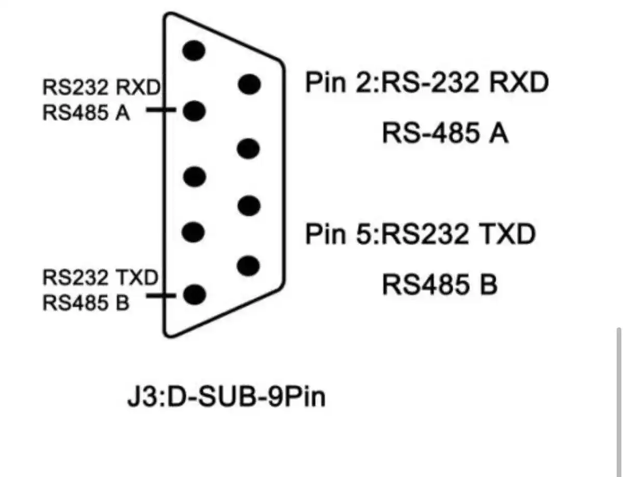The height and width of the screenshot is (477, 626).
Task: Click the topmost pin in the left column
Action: pos(195,50)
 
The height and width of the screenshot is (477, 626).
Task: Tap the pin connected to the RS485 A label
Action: pos(195,111)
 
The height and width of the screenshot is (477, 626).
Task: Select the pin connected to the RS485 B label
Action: pos(195,295)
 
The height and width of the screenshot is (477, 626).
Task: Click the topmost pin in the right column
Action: pos(249,84)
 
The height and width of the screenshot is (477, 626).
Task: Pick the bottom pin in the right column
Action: pos(248,266)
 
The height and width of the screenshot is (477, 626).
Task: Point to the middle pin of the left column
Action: pos(195,176)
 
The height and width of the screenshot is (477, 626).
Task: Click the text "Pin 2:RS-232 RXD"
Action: pos(426,83)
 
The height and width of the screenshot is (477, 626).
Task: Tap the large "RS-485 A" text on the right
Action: pos(445,134)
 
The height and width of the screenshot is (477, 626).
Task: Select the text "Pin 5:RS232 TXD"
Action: pos(420,235)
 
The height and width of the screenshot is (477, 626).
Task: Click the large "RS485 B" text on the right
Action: pos(440,285)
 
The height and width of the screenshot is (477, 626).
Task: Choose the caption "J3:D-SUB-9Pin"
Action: pos(227,398)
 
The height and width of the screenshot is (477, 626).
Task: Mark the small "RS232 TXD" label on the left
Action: pos(100,279)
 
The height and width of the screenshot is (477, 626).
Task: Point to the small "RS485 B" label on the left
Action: pos(86,302)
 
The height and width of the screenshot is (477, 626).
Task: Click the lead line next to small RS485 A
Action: pos(160,110)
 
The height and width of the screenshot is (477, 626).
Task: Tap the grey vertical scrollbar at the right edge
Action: pos(618,400)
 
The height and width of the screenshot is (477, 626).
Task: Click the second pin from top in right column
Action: pos(248,149)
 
